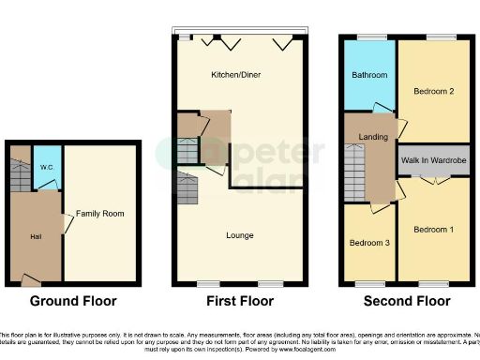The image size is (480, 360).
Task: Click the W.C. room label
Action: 47,169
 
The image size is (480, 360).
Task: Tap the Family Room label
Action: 100,214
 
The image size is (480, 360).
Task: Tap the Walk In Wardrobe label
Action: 434,160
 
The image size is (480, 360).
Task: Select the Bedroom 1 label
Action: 434,229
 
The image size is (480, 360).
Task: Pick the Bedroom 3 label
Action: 367,243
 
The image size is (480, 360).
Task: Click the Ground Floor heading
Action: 73,301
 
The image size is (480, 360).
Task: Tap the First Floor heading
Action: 240,301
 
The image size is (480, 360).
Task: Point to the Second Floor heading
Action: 406,301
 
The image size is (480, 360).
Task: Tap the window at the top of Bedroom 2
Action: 436,37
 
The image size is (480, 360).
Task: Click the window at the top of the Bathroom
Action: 366,37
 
